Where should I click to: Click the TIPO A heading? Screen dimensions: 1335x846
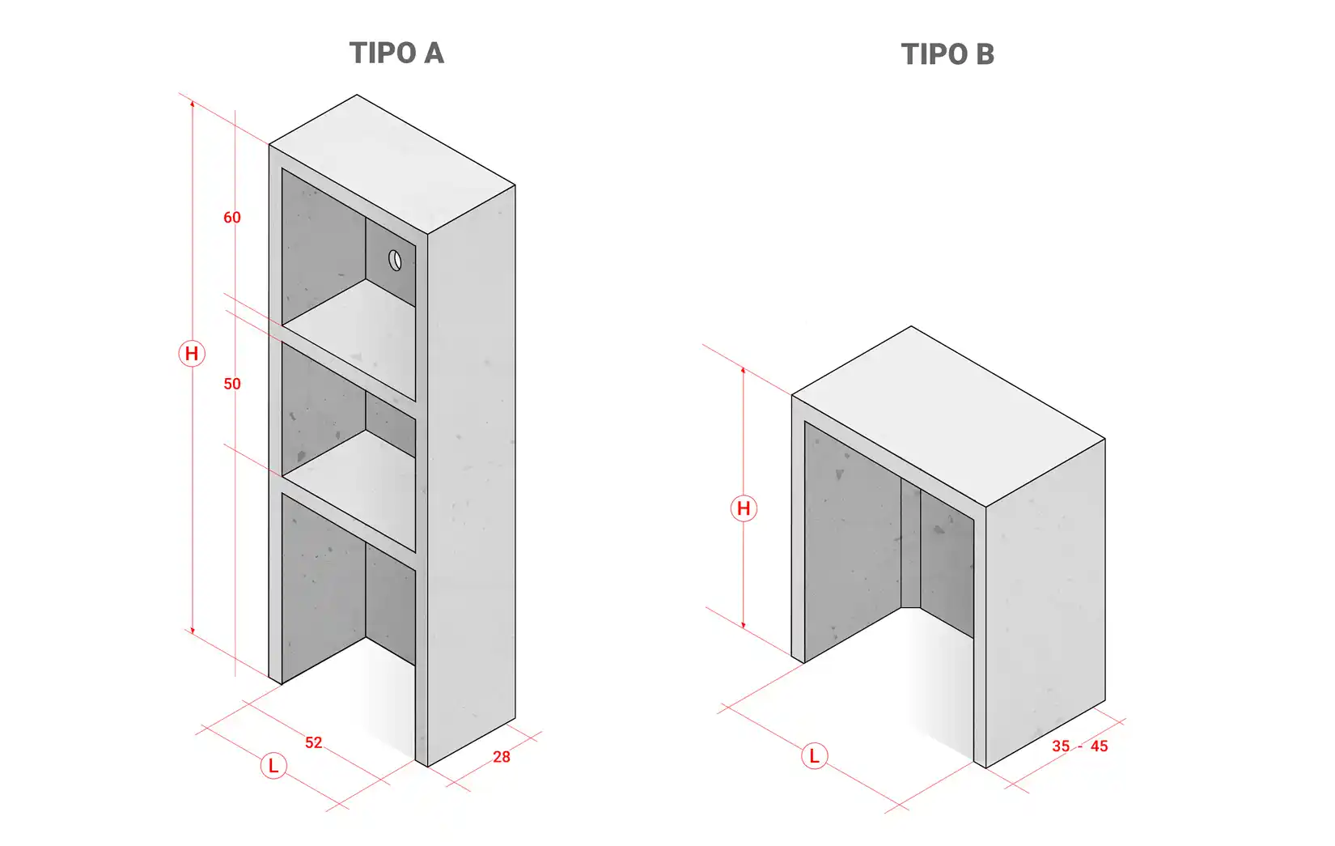tap(396, 53)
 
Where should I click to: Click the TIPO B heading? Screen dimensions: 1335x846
tap(947, 54)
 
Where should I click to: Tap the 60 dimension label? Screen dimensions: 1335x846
tap(232, 218)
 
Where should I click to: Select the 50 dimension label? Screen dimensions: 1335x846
tap(232, 384)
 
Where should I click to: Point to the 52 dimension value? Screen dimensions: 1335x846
tap(313, 742)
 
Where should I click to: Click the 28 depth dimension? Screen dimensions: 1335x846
tap(501, 757)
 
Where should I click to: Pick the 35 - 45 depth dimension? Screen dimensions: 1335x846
tap(1079, 746)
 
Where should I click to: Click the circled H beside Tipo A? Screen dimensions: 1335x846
tap(192, 354)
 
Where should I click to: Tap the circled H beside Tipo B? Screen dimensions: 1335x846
tap(744, 508)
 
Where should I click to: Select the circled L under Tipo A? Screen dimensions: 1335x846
tap(273, 766)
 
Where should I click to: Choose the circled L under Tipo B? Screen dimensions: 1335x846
tap(814, 756)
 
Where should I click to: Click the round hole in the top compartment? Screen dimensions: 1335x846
tap(395, 261)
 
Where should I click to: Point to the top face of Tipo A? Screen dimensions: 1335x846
tap(392, 164)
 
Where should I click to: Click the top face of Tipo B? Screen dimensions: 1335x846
tap(948, 416)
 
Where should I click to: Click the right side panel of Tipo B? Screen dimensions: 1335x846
tap(1045, 603)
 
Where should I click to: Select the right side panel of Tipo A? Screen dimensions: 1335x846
tap(472, 476)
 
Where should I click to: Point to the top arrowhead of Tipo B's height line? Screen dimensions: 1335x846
tap(744, 370)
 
